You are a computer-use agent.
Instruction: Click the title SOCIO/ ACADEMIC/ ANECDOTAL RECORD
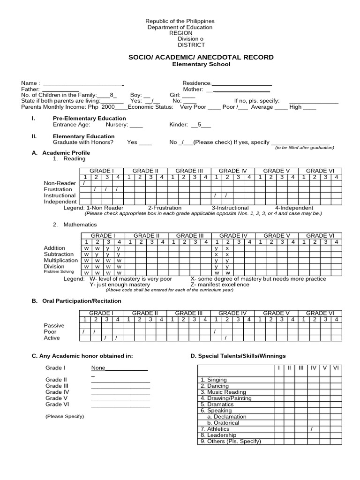(x=201, y=57)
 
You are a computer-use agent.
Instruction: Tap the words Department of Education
(x=180, y=27)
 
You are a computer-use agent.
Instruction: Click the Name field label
(x=30, y=83)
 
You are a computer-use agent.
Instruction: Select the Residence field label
(x=197, y=83)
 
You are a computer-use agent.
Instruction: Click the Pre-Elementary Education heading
(x=89, y=118)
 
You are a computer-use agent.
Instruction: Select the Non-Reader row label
(x=60, y=183)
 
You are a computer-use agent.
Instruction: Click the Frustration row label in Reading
(x=58, y=189)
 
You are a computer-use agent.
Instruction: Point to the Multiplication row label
(x=61, y=260)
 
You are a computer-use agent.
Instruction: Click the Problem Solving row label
(x=59, y=271)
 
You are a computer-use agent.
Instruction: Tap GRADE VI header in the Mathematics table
(x=320, y=235)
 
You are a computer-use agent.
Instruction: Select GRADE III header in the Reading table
(x=189, y=171)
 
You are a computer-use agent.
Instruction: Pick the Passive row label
(x=54, y=325)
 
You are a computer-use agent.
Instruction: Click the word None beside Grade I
(x=98, y=367)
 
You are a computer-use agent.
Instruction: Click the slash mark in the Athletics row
(x=312, y=429)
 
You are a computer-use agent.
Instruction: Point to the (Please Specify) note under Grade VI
(x=65, y=416)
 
